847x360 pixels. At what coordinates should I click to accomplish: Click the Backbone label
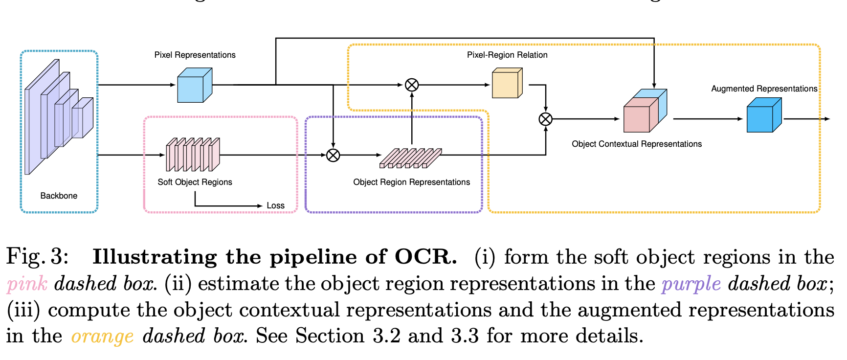tap(59, 196)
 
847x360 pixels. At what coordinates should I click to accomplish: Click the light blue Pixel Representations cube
tap(194, 86)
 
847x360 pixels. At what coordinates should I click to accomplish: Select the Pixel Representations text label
tap(195, 55)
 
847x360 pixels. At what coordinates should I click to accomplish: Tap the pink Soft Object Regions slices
tap(193, 155)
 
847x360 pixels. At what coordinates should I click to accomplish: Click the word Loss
tap(275, 205)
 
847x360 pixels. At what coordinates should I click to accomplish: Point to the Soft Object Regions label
tap(195, 182)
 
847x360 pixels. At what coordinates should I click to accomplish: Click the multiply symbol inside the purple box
tap(333, 155)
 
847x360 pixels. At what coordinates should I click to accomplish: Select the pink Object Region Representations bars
tap(411, 158)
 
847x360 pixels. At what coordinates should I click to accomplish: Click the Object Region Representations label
tap(411, 182)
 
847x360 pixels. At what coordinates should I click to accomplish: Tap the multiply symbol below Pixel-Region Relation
tap(412, 85)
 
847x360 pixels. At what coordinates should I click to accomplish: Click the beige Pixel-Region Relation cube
tap(507, 84)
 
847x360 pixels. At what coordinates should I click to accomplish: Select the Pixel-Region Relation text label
tap(507, 55)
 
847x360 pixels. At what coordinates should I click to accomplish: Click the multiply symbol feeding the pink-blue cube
tap(545, 119)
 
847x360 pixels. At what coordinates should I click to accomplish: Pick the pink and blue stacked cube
tap(645, 112)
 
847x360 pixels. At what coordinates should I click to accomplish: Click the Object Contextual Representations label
tap(636, 144)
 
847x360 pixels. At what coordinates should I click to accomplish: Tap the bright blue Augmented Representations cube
tap(764, 115)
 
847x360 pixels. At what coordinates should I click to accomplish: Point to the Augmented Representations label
tap(764, 89)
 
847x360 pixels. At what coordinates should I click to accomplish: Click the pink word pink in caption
tap(27, 284)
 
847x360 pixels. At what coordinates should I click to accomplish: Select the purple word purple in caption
tap(691, 284)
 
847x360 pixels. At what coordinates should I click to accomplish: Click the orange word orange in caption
tap(102, 337)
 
